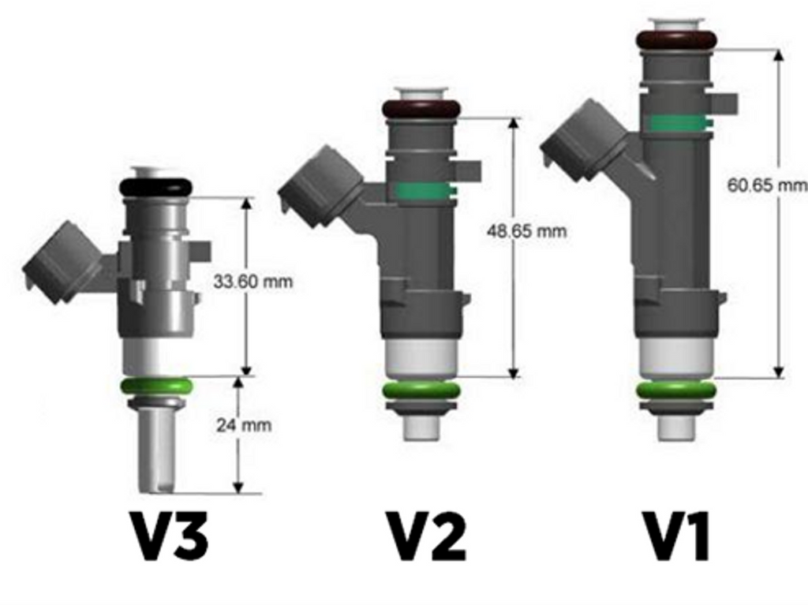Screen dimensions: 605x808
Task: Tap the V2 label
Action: [425, 536]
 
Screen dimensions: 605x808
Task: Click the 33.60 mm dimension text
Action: [253, 282]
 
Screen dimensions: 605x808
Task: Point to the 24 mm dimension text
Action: [244, 425]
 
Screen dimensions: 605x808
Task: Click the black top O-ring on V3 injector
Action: [155, 188]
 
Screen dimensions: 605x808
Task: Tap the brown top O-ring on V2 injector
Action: [421, 109]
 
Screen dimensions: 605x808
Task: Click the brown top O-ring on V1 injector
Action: [676, 39]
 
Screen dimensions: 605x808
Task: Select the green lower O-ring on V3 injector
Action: [155, 387]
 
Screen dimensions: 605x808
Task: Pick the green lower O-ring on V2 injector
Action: [421, 391]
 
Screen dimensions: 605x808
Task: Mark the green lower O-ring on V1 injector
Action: [676, 390]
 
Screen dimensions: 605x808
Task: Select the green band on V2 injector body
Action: [423, 191]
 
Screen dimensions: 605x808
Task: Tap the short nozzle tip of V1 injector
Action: [676, 426]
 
